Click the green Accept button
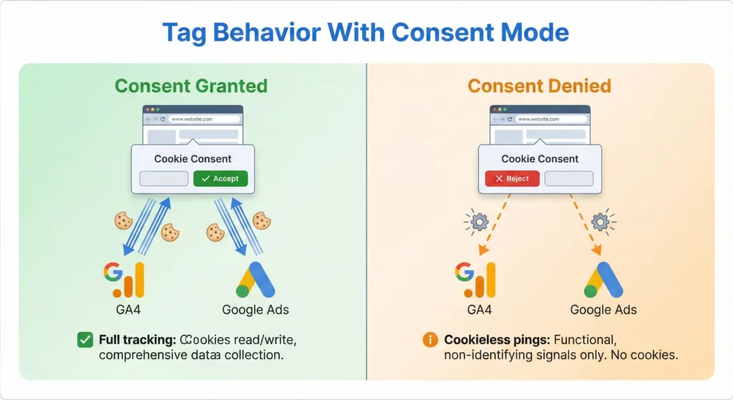pyautogui.click(x=220, y=178)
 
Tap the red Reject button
pyautogui.click(x=512, y=178)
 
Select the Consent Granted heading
pyautogui.click(x=191, y=87)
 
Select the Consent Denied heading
pyautogui.click(x=540, y=87)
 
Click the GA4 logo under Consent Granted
pyautogui.click(x=124, y=280)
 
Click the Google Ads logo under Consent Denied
pyautogui.click(x=603, y=280)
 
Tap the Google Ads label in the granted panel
pyautogui.click(x=256, y=310)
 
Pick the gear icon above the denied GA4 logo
pyautogui.click(x=477, y=223)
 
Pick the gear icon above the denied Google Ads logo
pyautogui.click(x=601, y=223)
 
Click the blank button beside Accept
pyautogui.click(x=164, y=178)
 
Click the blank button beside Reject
pyautogui.click(x=569, y=178)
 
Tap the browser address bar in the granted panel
pyautogui.click(x=204, y=119)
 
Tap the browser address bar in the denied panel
pyautogui.click(x=551, y=119)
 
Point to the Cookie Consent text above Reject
pyautogui.click(x=540, y=159)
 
